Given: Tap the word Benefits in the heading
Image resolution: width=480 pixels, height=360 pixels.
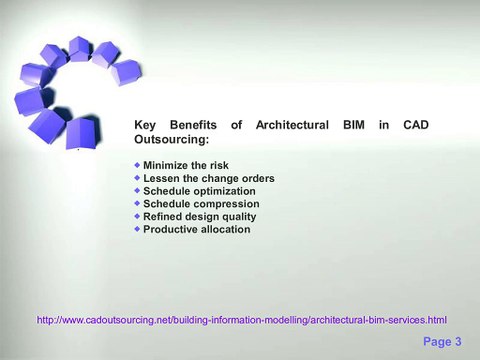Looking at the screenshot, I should (x=193, y=125).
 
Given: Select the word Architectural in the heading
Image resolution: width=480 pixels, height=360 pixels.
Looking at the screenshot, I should (x=292, y=125).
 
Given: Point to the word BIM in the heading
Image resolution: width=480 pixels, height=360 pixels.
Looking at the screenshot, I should (x=355, y=125).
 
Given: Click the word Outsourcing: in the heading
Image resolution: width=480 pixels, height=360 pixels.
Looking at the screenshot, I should (x=171, y=141).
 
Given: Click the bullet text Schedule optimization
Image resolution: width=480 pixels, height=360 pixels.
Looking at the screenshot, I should (x=199, y=190).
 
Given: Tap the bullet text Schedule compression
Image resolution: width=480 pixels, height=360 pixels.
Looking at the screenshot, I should (x=201, y=203).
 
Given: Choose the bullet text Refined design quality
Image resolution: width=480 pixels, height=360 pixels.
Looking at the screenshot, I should (x=199, y=216).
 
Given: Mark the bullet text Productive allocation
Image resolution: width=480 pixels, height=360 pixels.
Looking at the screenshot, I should (x=196, y=229).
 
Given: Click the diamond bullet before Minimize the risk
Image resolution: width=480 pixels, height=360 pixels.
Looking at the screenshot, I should (x=137, y=163).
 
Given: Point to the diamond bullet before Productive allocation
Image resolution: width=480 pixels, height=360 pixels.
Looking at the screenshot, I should (x=137, y=228).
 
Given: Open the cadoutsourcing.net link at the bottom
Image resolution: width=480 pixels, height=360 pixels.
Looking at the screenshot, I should (x=241, y=320).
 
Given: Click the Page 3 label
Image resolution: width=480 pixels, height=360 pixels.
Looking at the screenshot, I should (x=442, y=342).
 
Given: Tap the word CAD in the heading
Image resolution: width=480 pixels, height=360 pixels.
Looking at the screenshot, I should (x=415, y=125).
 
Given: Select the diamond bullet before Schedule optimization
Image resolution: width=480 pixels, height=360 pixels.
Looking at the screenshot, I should (x=137, y=189).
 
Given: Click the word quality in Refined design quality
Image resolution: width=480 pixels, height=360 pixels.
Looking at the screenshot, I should (x=237, y=216).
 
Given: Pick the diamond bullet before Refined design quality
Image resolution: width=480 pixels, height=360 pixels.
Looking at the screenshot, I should (x=137, y=215).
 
